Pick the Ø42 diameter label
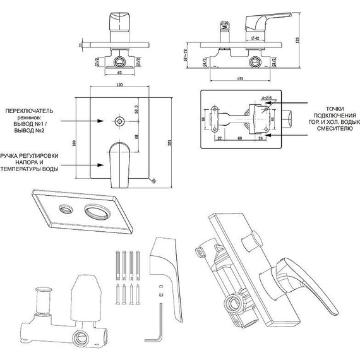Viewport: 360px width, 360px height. coord(242,37)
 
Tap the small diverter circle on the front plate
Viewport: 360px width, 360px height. coord(119,120)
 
